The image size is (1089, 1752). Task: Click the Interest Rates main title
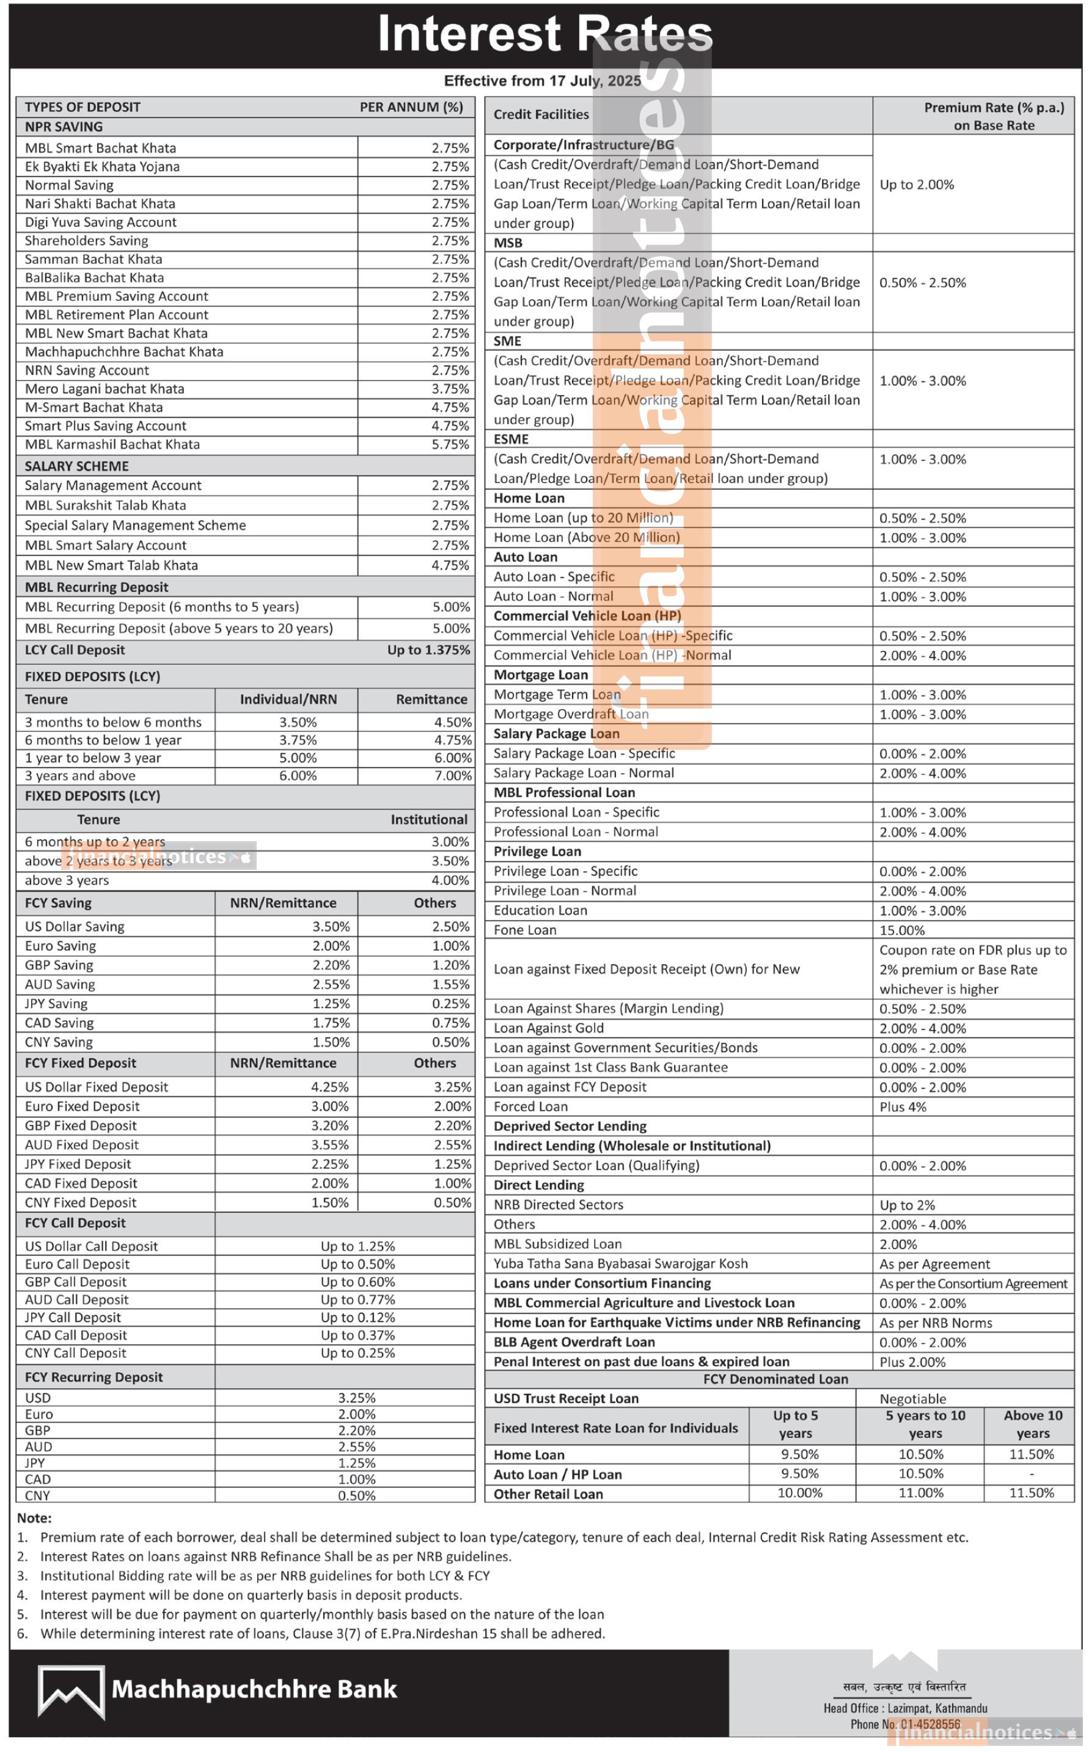[x=544, y=33]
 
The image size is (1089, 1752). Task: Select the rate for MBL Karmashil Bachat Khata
[x=450, y=444]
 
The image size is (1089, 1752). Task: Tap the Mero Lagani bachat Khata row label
[x=105, y=389]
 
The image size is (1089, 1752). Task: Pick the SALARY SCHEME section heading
[x=76, y=466]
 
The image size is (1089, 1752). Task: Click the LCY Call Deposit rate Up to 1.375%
[x=428, y=650]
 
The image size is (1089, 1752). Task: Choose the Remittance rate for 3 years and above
[x=452, y=776]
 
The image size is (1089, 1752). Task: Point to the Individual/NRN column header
[x=288, y=699]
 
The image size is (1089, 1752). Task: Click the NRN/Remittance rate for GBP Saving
[x=331, y=965]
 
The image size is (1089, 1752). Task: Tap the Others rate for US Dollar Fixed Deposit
[x=452, y=1087]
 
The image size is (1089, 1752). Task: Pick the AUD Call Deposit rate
[x=358, y=1300]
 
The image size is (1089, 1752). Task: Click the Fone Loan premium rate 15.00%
[x=902, y=930]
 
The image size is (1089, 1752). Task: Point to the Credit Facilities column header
[x=541, y=114]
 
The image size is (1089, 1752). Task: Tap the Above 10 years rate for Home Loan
[x=1032, y=1454]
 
